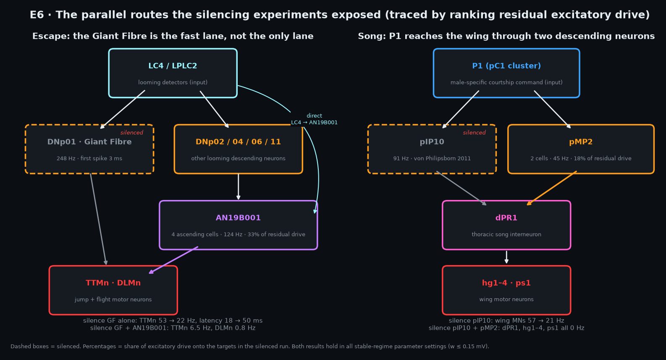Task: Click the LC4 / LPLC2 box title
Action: (x=173, y=66)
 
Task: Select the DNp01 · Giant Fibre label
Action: (x=89, y=142)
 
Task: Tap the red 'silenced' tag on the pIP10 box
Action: (x=474, y=132)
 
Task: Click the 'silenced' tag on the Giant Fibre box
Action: (x=132, y=132)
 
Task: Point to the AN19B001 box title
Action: (x=238, y=218)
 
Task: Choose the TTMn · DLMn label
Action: (x=113, y=283)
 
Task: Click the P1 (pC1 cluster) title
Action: (x=506, y=66)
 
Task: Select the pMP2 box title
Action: (x=581, y=142)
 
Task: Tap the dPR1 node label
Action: (x=506, y=218)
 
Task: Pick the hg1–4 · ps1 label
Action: (x=506, y=283)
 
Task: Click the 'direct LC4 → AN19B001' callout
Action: (x=314, y=119)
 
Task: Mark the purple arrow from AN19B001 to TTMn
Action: (x=173, y=260)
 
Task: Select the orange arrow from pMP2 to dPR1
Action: (x=551, y=188)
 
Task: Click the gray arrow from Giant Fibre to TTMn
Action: (x=98, y=219)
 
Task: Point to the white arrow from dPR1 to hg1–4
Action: (x=506, y=257)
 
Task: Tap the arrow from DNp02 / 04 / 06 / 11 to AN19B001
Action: (x=238, y=187)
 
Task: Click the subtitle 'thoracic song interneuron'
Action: (x=506, y=234)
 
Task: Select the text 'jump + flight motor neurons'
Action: (x=113, y=300)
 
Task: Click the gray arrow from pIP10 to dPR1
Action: (x=461, y=188)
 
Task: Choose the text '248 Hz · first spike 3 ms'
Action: (x=89, y=158)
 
